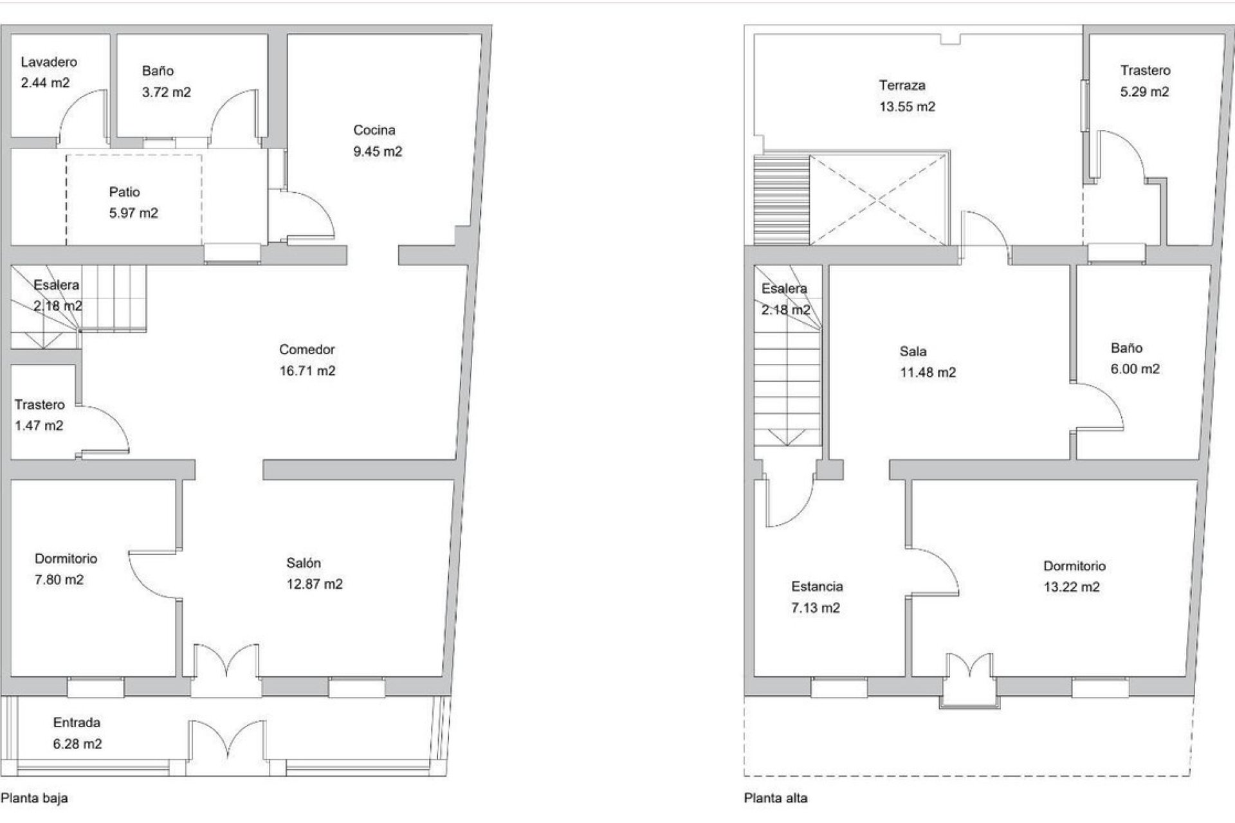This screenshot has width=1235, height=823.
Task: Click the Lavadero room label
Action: (49, 62)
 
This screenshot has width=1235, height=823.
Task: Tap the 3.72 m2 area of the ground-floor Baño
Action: (166, 93)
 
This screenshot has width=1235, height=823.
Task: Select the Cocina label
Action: (374, 131)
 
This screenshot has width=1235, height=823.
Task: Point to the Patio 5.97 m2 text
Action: (133, 213)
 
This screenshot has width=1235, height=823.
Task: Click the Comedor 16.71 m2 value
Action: (307, 371)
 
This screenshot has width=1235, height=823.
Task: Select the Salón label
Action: (303, 563)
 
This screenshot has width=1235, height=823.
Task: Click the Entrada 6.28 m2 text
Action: (77, 744)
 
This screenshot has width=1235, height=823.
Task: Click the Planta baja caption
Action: (35, 799)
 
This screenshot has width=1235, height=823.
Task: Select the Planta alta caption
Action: (776, 799)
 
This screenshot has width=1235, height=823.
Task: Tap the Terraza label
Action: (902, 86)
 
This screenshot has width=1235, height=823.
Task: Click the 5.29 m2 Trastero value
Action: (1144, 92)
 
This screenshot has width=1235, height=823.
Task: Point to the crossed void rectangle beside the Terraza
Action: (878, 199)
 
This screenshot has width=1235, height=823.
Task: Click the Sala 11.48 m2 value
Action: (928, 373)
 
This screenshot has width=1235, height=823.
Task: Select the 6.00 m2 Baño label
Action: (1126, 348)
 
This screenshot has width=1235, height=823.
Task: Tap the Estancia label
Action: (817, 587)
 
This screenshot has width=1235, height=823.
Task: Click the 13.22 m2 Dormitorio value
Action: (1071, 587)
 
